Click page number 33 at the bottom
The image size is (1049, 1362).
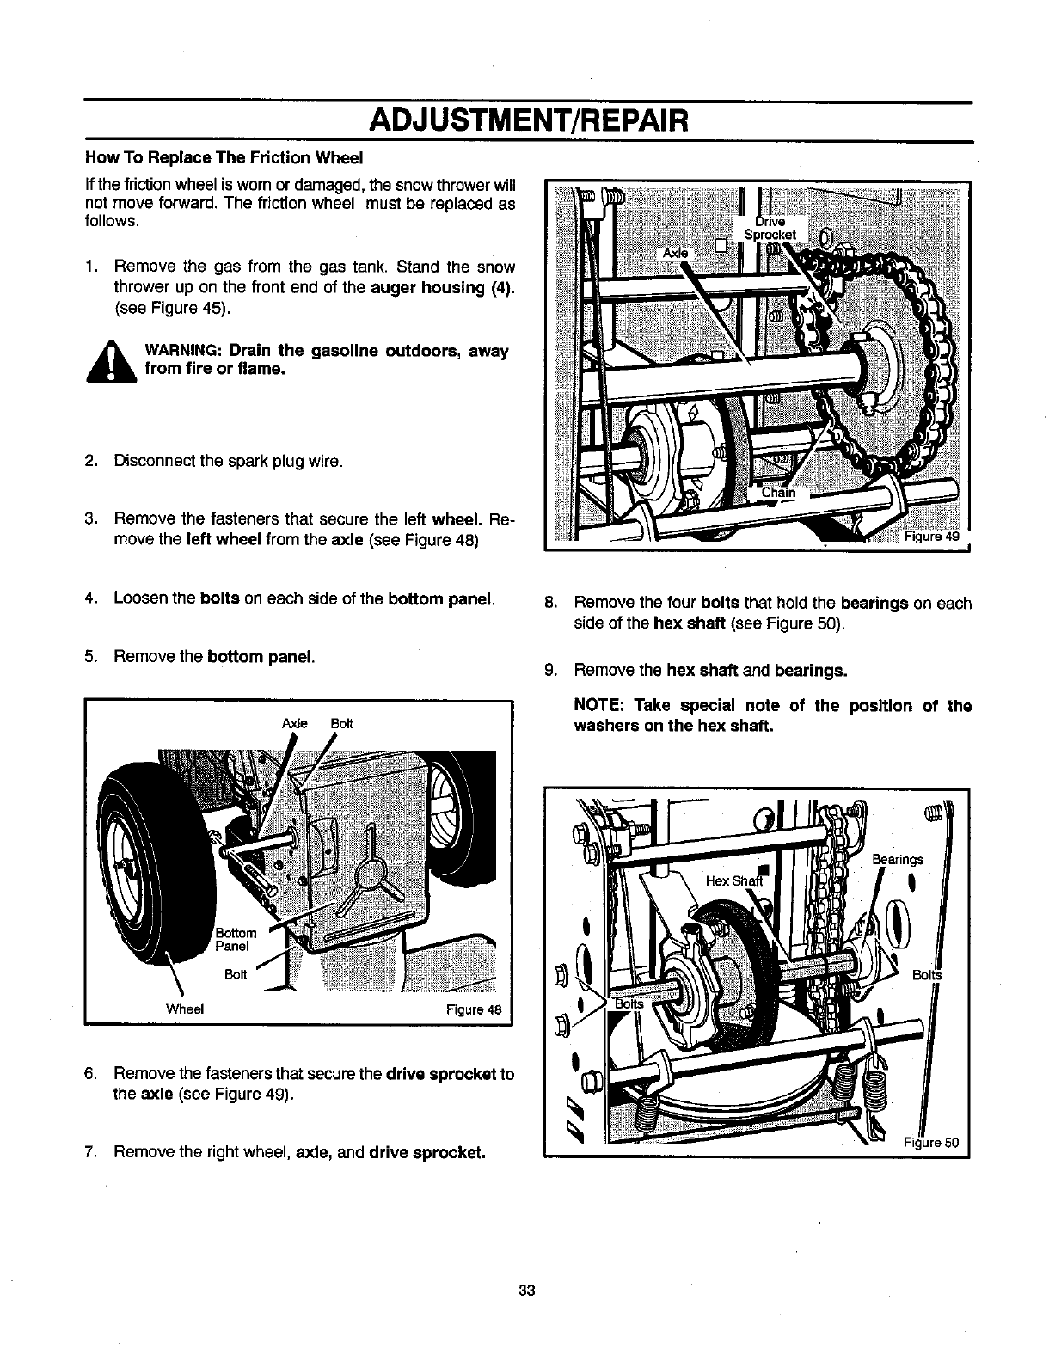528,1290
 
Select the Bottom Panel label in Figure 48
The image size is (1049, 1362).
236,939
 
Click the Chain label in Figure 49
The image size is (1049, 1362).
779,494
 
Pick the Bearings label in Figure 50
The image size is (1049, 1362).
897,858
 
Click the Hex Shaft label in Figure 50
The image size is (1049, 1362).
729,880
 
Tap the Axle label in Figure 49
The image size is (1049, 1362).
675,253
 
